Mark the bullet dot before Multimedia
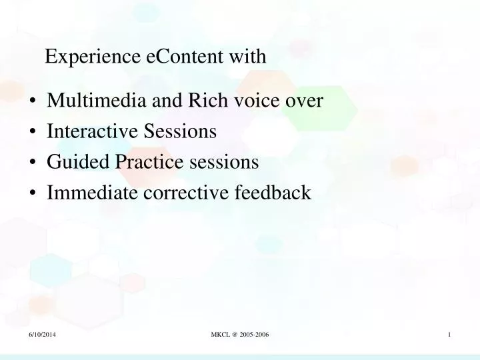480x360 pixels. click(x=33, y=102)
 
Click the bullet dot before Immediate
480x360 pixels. click(x=33, y=194)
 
